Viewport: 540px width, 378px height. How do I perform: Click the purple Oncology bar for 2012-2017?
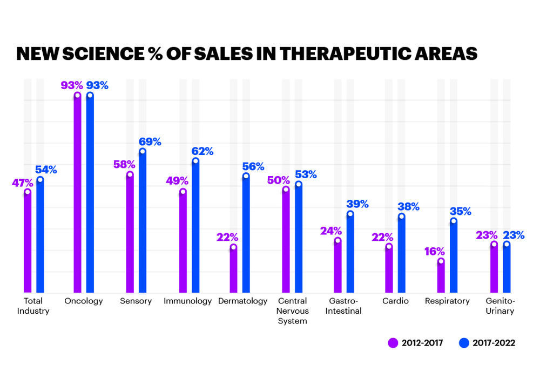(x=77, y=194)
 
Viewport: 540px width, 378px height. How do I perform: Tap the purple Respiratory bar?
(x=441, y=276)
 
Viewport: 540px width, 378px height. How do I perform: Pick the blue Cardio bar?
(x=401, y=254)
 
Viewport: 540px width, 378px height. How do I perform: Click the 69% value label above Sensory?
(x=151, y=142)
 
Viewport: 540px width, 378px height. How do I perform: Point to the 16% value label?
(x=435, y=251)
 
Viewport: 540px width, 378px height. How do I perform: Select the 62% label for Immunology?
(x=203, y=152)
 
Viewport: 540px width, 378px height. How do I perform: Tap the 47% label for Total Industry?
(x=23, y=183)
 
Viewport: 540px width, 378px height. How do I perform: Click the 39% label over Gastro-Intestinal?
(x=357, y=204)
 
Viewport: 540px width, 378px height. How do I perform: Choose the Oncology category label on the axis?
(x=83, y=301)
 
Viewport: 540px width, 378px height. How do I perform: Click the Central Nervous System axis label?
(x=292, y=311)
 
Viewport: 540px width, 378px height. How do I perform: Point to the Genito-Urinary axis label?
(x=500, y=306)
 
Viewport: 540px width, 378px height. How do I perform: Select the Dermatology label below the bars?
(x=243, y=301)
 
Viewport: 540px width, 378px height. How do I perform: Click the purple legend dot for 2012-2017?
(x=393, y=343)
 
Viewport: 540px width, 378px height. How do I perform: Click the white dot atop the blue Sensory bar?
(x=143, y=151)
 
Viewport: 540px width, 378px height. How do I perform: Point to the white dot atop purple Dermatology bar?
(x=233, y=247)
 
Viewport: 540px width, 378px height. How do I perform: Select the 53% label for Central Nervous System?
(x=306, y=174)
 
